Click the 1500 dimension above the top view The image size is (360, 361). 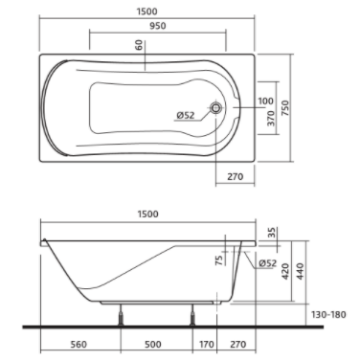point(146,11)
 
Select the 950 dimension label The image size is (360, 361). point(158,26)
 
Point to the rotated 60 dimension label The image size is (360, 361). point(139,45)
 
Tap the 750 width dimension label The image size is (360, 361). point(285,108)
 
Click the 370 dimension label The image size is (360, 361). point(271,119)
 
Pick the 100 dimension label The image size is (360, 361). point(265,102)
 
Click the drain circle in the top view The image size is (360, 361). point(216,107)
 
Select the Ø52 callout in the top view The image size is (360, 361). point(186,115)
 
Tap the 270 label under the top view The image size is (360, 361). point(236,176)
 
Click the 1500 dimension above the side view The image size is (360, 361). point(147,214)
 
